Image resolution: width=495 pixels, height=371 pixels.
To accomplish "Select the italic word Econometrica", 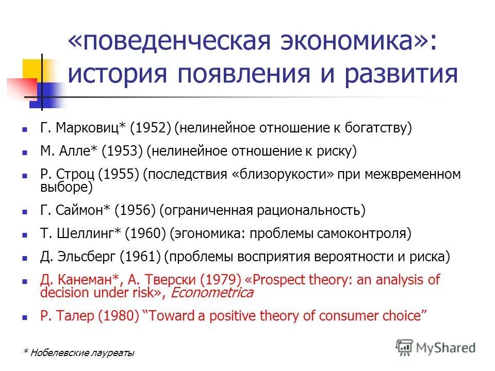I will pos(211,293).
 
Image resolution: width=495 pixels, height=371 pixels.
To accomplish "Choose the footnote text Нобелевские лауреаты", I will pos(82,353).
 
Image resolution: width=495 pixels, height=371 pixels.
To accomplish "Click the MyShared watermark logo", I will pos(436,347).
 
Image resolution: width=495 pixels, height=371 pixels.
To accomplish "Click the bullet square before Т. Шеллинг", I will pos(25,234).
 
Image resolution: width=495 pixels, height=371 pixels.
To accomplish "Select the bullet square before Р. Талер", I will pos(25,316).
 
